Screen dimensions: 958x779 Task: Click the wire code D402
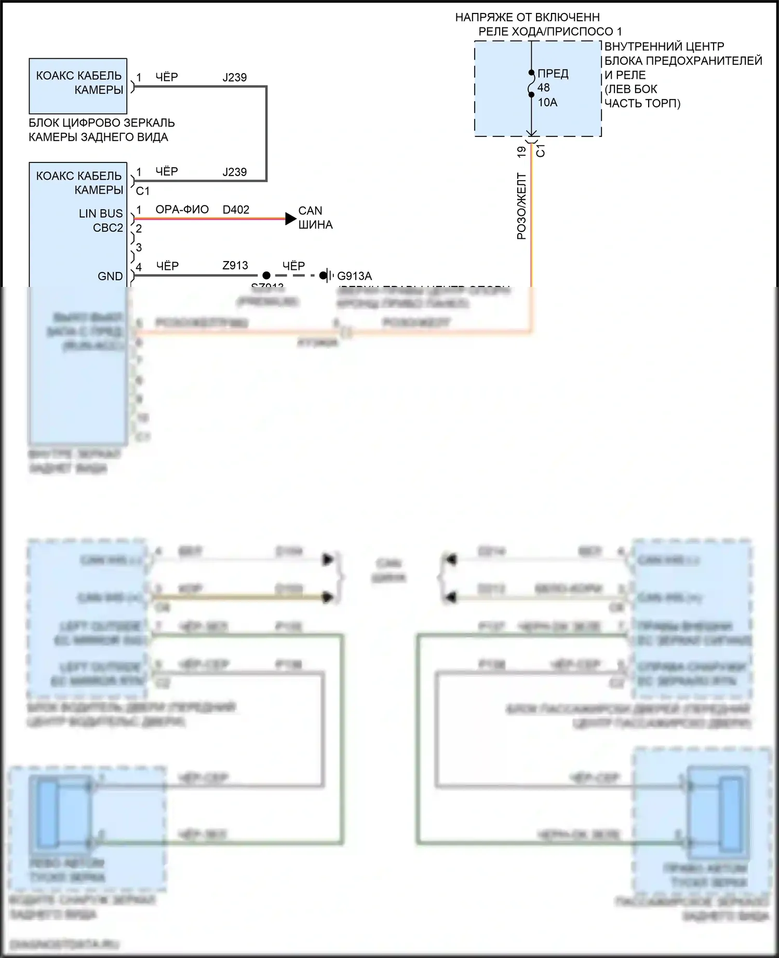236,210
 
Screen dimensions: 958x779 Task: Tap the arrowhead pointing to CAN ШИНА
291,219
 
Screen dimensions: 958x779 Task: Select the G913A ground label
355,276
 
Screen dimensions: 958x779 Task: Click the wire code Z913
235,266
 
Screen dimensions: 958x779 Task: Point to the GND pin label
110,276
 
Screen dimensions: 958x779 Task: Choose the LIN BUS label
101,213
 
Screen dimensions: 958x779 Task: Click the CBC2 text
108,228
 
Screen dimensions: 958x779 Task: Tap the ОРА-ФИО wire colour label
182,210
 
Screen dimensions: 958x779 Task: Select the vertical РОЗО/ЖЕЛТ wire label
521,207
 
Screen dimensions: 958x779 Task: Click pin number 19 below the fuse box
521,152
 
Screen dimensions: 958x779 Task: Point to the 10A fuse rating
547,103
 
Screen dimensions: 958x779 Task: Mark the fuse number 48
543,88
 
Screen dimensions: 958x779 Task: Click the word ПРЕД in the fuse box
553,74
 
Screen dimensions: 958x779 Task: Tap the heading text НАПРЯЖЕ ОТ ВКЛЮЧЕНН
527,18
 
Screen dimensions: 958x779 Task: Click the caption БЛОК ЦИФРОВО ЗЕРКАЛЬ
101,123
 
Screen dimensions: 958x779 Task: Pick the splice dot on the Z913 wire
266,276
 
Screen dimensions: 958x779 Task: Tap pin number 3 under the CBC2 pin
139,248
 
